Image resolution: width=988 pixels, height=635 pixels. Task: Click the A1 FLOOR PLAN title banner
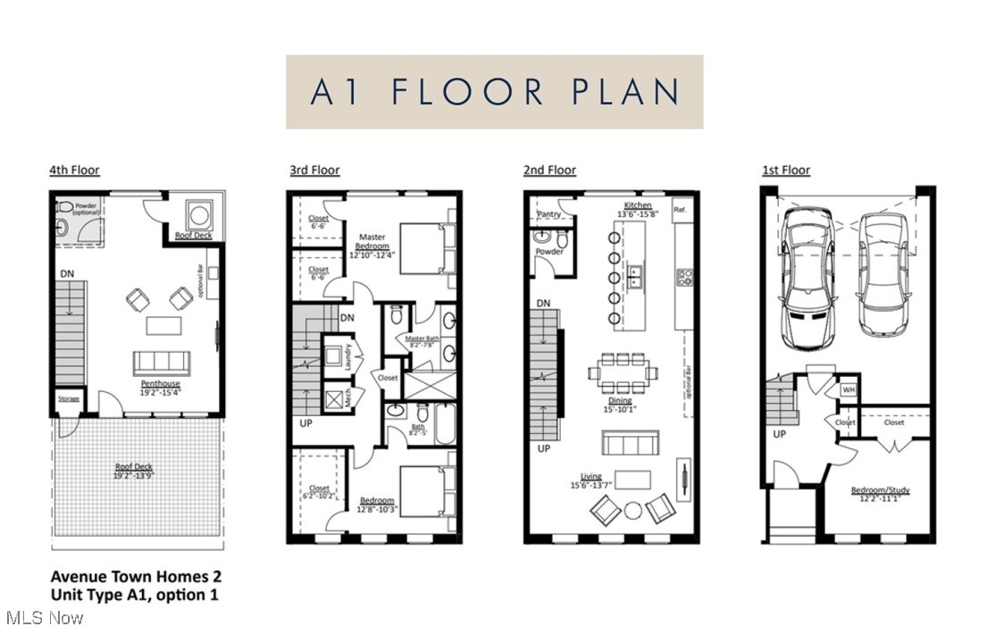tap(494, 92)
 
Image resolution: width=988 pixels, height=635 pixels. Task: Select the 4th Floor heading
tap(74, 170)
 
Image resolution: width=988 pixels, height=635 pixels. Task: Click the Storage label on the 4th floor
tap(70, 399)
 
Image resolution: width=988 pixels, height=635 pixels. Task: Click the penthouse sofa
tap(162, 363)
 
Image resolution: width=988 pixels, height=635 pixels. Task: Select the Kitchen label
tap(638, 206)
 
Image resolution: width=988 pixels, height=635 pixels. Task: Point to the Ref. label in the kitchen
tap(681, 211)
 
